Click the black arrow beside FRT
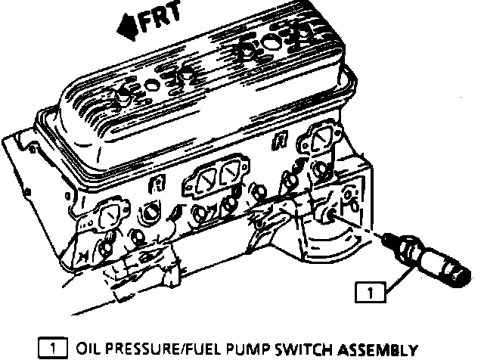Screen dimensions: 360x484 pyautogui.click(x=126, y=29)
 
